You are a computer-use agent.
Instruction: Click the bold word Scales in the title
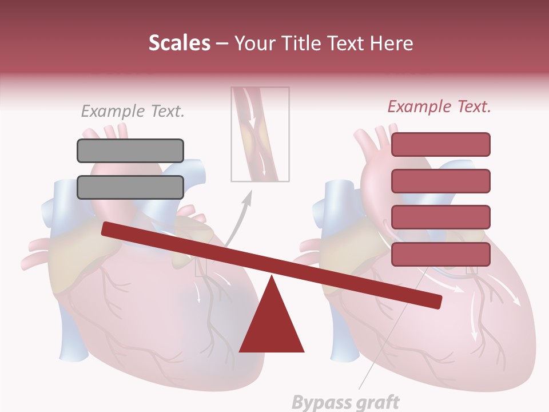pyautogui.click(x=180, y=43)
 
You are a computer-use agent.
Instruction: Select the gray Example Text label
pyautogui.click(x=133, y=111)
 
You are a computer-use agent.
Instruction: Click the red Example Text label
pyautogui.click(x=439, y=106)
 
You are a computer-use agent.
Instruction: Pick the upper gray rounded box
pyautogui.click(x=130, y=150)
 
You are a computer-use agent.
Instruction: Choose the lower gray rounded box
pyautogui.click(x=130, y=187)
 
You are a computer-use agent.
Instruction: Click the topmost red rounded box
pyautogui.click(x=440, y=144)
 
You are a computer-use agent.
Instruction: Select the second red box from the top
pyautogui.click(x=440, y=181)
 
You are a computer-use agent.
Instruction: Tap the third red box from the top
pyautogui.click(x=440, y=217)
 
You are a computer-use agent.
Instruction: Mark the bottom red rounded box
pyautogui.click(x=440, y=254)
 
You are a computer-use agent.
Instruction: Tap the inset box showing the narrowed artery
pyautogui.click(x=260, y=134)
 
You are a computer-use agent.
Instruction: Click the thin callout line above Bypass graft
pyautogui.click(x=389, y=332)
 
